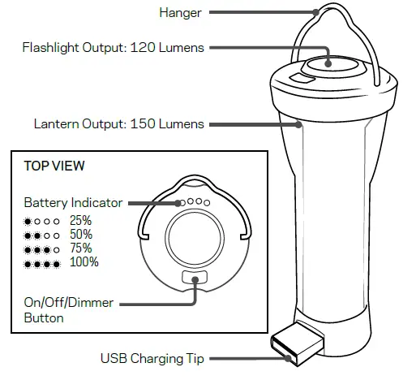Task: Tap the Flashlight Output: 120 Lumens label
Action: coord(113,48)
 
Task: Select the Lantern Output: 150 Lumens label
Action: coord(118,124)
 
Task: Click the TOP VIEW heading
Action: coord(54,166)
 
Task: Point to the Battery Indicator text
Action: coord(73,202)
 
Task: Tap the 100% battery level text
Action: coord(84,261)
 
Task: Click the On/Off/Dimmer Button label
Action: coord(68,310)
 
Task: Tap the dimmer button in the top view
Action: coord(195,278)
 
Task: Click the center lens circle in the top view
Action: coord(195,241)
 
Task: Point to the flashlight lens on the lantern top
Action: coord(328,65)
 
